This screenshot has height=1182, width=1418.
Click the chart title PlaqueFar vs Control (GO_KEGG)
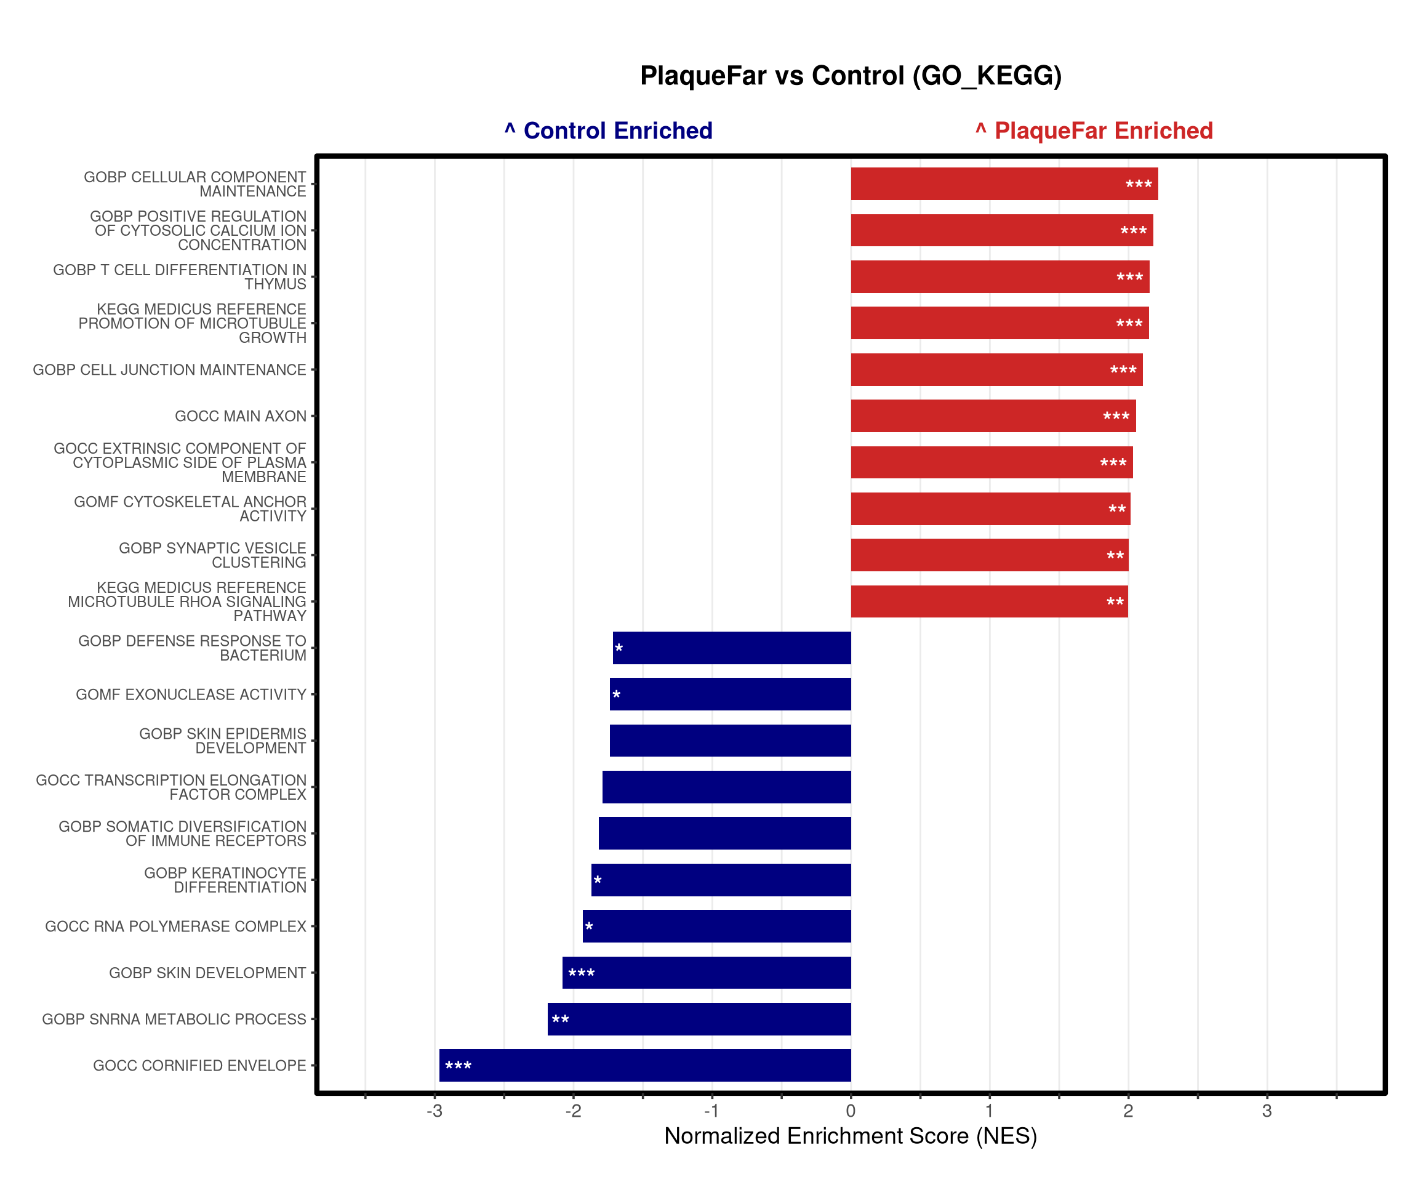(x=850, y=76)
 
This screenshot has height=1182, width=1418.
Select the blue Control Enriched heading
(x=609, y=131)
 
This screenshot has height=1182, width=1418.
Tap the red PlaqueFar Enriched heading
(x=1094, y=131)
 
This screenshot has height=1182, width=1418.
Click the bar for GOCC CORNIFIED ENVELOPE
(x=645, y=1065)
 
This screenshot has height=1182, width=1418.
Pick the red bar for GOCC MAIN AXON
(x=993, y=416)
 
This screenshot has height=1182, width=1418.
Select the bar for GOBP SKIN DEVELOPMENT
(x=707, y=973)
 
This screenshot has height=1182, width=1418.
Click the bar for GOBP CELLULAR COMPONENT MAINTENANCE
(x=1004, y=183)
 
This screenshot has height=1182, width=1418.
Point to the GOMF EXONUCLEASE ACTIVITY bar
(x=730, y=694)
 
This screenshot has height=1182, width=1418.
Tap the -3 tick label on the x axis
(x=434, y=1111)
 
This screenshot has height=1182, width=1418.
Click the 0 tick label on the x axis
(x=851, y=1111)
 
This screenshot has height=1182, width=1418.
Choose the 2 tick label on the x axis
(x=1128, y=1111)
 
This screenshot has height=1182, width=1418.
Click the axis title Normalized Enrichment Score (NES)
(x=850, y=1136)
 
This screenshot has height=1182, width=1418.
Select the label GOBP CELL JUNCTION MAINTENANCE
(x=169, y=370)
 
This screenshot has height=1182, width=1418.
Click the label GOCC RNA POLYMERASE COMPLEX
(x=175, y=927)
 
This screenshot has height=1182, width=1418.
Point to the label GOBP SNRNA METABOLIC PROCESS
(x=174, y=1019)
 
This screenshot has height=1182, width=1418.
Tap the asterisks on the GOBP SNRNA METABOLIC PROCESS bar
(x=561, y=1020)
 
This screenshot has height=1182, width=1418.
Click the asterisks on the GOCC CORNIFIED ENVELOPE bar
(x=459, y=1066)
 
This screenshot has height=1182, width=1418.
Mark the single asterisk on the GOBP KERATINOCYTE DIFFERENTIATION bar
(x=598, y=881)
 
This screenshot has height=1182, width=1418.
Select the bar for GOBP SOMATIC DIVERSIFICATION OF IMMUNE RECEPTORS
(x=724, y=834)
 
